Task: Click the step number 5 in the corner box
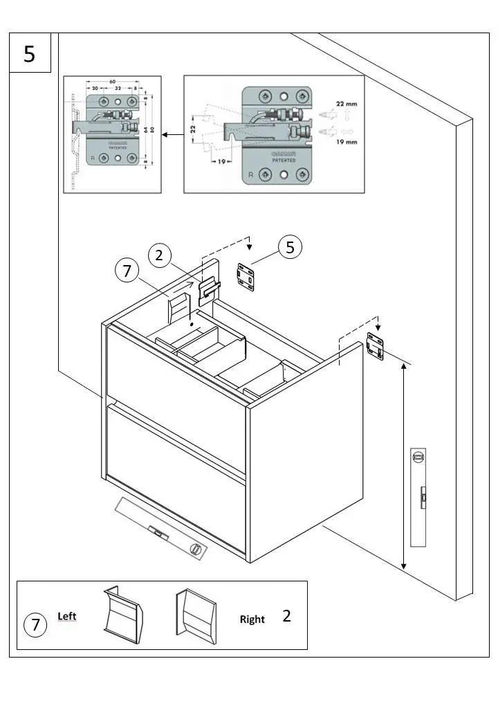click(x=29, y=53)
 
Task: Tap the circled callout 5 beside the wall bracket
click(x=290, y=247)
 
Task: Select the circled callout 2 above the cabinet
click(x=159, y=255)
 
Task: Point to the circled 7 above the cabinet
click(x=126, y=271)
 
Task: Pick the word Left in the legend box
click(x=67, y=615)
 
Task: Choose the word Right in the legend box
click(x=252, y=619)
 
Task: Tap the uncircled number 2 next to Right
click(x=286, y=616)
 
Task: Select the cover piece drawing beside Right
click(x=196, y=614)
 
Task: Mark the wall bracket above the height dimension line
click(x=374, y=346)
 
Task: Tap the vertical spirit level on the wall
click(x=418, y=497)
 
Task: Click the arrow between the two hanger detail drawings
click(x=173, y=136)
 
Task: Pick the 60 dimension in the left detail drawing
click(x=111, y=80)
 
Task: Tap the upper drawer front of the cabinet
click(x=176, y=365)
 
